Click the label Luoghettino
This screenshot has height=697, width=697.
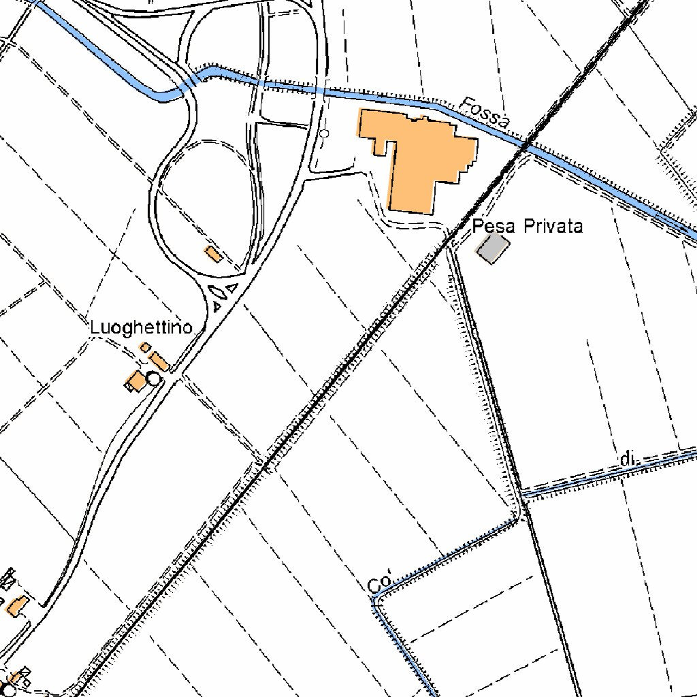(141, 327)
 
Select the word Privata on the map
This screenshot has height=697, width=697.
(553, 226)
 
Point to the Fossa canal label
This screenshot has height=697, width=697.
(485, 113)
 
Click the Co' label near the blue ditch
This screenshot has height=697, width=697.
(380, 584)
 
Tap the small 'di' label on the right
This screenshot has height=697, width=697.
(630, 459)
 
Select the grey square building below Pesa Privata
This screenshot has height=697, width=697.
(493, 248)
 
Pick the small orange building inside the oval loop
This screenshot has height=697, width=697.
(213, 255)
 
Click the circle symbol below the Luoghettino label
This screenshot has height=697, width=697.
(154, 378)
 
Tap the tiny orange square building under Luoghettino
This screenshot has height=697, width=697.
(145, 348)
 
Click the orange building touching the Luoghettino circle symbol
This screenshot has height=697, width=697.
(136, 380)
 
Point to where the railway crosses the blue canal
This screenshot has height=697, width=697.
(526, 145)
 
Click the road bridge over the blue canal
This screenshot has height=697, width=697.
(194, 80)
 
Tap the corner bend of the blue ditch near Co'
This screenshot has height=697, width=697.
(376, 597)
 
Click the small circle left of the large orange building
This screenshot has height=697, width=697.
(324, 133)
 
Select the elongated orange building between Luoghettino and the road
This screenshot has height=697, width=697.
(160, 361)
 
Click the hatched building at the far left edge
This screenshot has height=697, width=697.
(8, 579)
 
